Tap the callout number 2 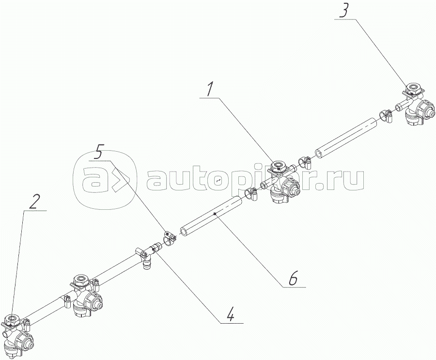(33, 202)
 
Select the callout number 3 (343, 11)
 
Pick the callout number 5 (98, 153)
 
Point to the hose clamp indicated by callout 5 (169, 238)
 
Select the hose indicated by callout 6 (211, 215)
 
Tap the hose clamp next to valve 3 (386, 115)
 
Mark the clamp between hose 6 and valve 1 (250, 194)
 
